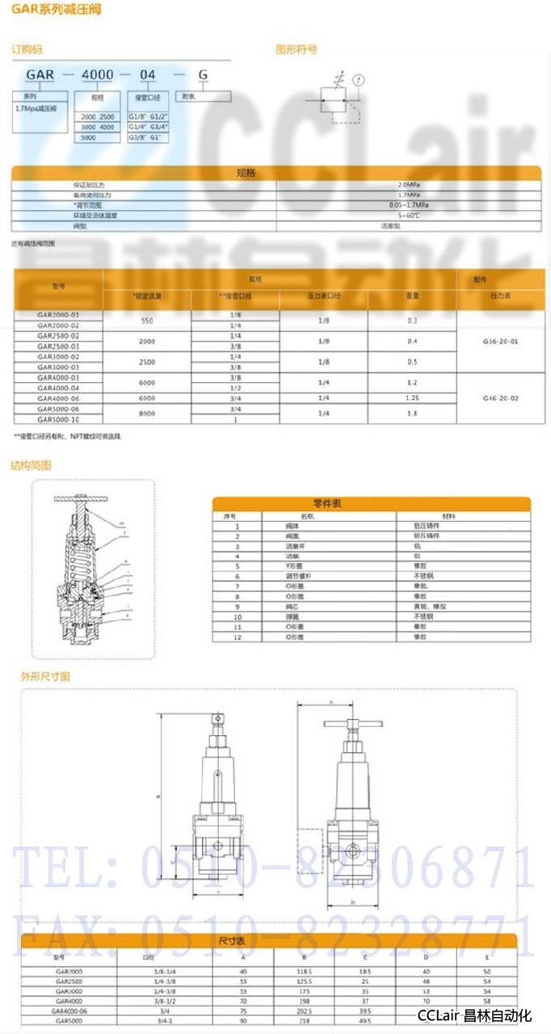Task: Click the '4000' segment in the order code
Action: click(x=98, y=75)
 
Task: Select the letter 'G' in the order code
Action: click(x=203, y=75)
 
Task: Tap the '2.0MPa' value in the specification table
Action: click(x=409, y=185)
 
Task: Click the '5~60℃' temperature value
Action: click(x=409, y=216)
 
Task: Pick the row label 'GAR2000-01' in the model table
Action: click(x=58, y=314)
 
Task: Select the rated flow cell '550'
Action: click(x=147, y=320)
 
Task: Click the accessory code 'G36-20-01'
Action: click(x=500, y=341)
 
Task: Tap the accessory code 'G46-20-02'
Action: click(x=500, y=397)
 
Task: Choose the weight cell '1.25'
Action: click(x=412, y=397)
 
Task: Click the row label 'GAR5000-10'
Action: click(x=58, y=419)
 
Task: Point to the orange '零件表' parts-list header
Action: click(x=372, y=503)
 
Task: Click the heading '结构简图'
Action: click(x=31, y=465)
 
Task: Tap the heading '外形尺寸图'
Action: click(x=45, y=675)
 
